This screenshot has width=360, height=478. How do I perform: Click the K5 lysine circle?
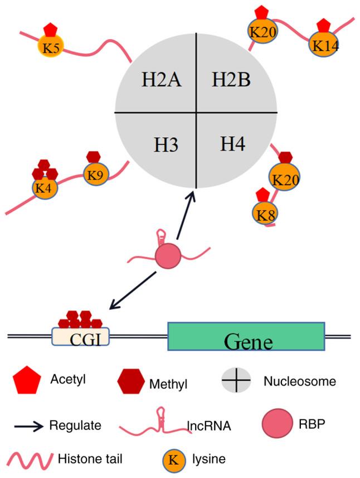point(51,47)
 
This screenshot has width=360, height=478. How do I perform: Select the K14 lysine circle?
point(324,45)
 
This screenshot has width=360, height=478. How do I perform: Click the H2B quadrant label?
point(231,80)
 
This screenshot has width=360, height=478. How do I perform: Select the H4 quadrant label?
point(232,144)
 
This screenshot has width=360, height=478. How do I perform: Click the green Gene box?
point(246,337)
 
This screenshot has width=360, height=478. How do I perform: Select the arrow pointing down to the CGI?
point(134,289)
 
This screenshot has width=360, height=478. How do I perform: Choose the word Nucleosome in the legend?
point(299,382)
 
